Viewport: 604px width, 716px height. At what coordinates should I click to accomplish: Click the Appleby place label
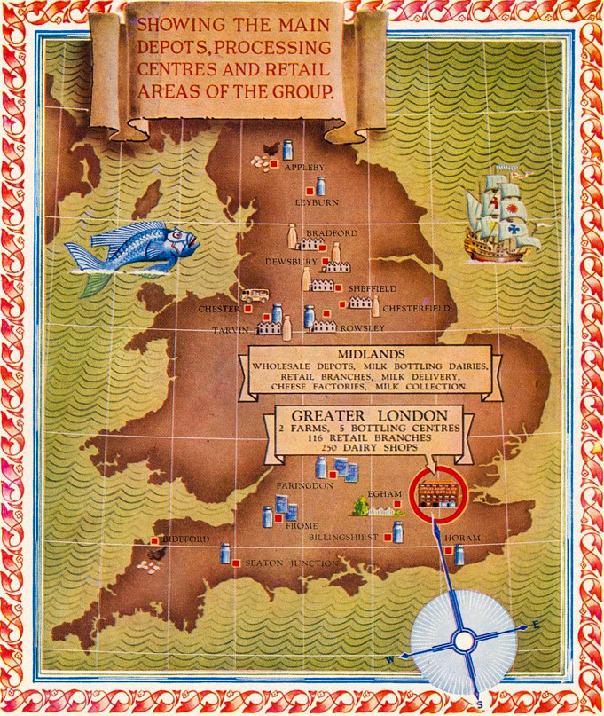click(304, 167)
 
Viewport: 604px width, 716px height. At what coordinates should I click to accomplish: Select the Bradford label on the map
click(331, 233)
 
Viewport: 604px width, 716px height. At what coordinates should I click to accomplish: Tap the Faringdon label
click(303, 487)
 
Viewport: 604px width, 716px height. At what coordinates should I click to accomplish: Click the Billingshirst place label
click(343, 538)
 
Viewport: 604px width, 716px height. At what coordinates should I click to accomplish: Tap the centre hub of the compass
click(463, 639)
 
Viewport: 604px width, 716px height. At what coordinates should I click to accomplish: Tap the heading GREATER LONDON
click(365, 416)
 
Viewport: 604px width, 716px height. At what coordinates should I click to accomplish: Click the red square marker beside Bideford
click(154, 540)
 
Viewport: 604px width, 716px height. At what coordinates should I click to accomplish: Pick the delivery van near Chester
click(255, 295)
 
